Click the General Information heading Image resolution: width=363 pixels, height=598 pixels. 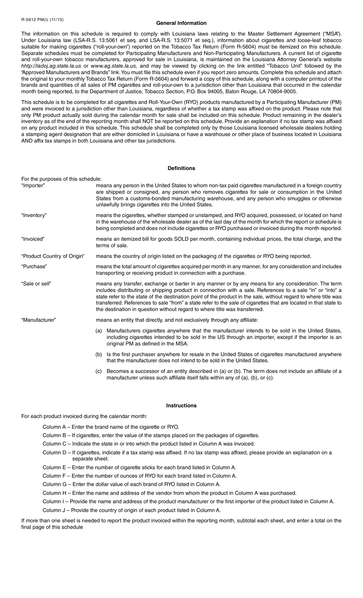click(x=181, y=23)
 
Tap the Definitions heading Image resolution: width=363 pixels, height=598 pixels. click(x=181, y=168)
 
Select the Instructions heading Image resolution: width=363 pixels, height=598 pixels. click(x=181, y=405)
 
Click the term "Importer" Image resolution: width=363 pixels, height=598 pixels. click(x=33, y=186)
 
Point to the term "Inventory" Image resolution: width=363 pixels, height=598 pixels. click(x=34, y=215)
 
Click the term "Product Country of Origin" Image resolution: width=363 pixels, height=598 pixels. click(x=53, y=256)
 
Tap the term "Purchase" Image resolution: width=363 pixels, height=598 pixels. click(x=34, y=266)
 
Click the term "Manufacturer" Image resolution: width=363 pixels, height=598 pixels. click(x=39, y=320)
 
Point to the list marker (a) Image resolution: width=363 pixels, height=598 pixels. click(x=99, y=331)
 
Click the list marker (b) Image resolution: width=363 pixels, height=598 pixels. click(x=99, y=354)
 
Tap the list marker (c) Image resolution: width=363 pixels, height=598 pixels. click(x=99, y=371)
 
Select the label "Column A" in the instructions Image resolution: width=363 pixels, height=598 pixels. click(x=55, y=427)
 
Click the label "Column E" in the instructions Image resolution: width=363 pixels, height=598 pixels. click(x=55, y=467)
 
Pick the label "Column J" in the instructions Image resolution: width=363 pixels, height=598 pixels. click(x=54, y=510)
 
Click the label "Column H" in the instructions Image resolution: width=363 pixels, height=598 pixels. click(x=55, y=493)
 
